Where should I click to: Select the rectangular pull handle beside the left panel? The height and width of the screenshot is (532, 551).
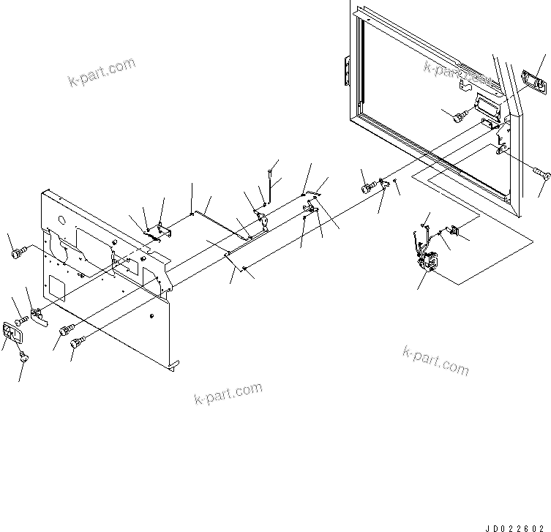[x=14, y=334]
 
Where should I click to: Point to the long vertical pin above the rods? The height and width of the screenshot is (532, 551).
[x=271, y=183]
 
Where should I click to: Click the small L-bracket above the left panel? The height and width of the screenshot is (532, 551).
[x=165, y=231]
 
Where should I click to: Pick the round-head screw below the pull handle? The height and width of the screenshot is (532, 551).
[x=26, y=357]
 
